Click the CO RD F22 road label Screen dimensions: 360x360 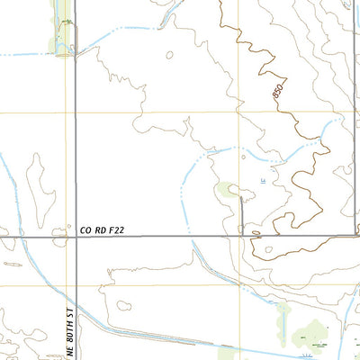point(99,231)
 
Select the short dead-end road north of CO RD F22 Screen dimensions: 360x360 point(242,216)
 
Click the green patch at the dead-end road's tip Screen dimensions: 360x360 point(228,190)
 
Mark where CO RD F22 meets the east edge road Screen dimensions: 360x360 point(357,238)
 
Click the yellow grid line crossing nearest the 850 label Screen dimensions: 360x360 point(238,113)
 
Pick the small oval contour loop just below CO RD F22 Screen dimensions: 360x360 point(262,248)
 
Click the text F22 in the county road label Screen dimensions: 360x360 point(112,231)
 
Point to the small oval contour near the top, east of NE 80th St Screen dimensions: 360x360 point(170,54)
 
